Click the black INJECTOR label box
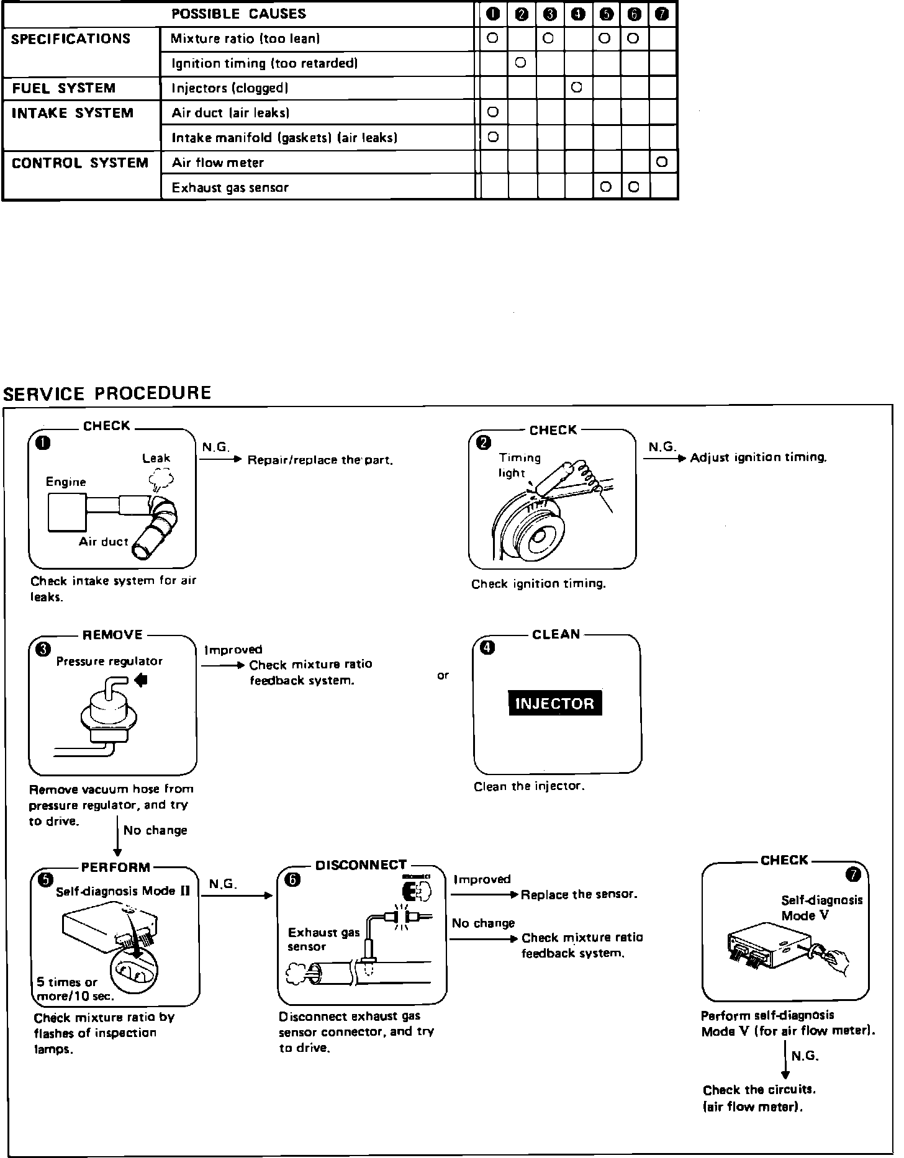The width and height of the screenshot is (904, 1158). tap(555, 703)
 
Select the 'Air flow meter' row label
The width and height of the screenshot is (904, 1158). tap(217, 163)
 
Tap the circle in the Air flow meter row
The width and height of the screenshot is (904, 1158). tap(661, 162)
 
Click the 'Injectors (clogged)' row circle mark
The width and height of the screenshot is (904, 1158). tap(576, 88)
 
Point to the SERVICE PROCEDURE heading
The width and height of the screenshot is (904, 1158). tap(107, 393)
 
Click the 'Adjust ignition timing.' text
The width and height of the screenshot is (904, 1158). tap(759, 458)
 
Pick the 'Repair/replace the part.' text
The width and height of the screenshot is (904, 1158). tap(320, 460)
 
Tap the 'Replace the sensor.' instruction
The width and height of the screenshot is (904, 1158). tap(579, 894)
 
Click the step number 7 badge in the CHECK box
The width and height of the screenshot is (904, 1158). tap(854, 874)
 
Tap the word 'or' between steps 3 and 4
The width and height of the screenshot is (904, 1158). tap(443, 675)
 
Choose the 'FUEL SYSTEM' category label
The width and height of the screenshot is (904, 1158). tap(64, 88)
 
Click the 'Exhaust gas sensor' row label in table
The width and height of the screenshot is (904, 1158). tap(230, 187)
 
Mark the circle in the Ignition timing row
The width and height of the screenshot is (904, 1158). tap(521, 63)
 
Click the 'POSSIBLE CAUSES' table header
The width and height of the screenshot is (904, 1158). tap(238, 14)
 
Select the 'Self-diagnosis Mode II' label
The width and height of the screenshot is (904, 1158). tap(123, 891)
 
